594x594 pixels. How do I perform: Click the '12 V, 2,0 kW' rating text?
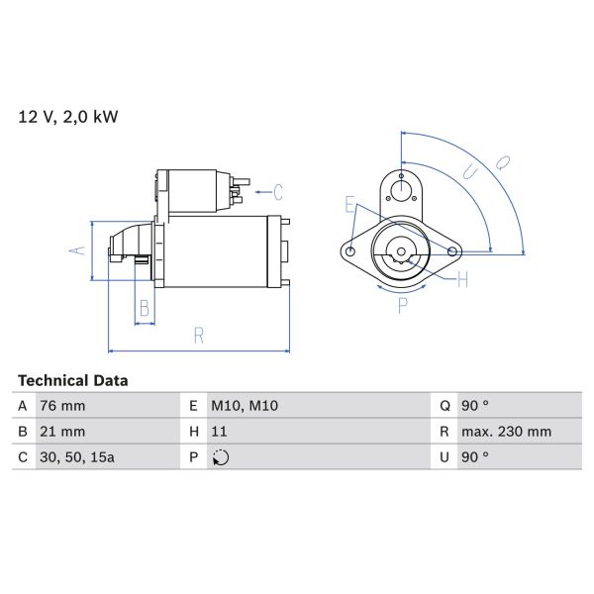(x=67, y=117)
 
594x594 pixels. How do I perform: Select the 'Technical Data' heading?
(x=72, y=380)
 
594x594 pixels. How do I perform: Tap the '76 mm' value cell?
(x=61, y=406)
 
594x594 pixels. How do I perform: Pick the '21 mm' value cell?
(x=61, y=432)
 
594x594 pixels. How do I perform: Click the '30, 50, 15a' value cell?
(x=75, y=457)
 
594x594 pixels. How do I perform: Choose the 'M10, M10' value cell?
(x=242, y=406)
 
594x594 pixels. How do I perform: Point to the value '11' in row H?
(x=220, y=432)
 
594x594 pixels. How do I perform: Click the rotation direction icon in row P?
(x=221, y=457)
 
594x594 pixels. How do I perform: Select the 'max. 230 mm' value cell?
(x=507, y=432)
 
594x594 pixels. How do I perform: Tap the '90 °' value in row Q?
(x=475, y=406)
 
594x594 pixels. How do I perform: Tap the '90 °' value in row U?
(x=475, y=457)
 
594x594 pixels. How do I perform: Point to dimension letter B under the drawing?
(x=145, y=309)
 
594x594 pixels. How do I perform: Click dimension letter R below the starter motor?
(x=198, y=337)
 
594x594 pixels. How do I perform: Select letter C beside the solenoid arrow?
(x=278, y=191)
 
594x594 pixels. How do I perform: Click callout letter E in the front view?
(x=349, y=205)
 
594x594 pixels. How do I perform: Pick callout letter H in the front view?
(x=462, y=280)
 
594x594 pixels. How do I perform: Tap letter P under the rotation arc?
(x=402, y=307)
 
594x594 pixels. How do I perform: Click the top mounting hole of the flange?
(x=401, y=189)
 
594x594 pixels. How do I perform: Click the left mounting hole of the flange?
(x=350, y=252)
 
